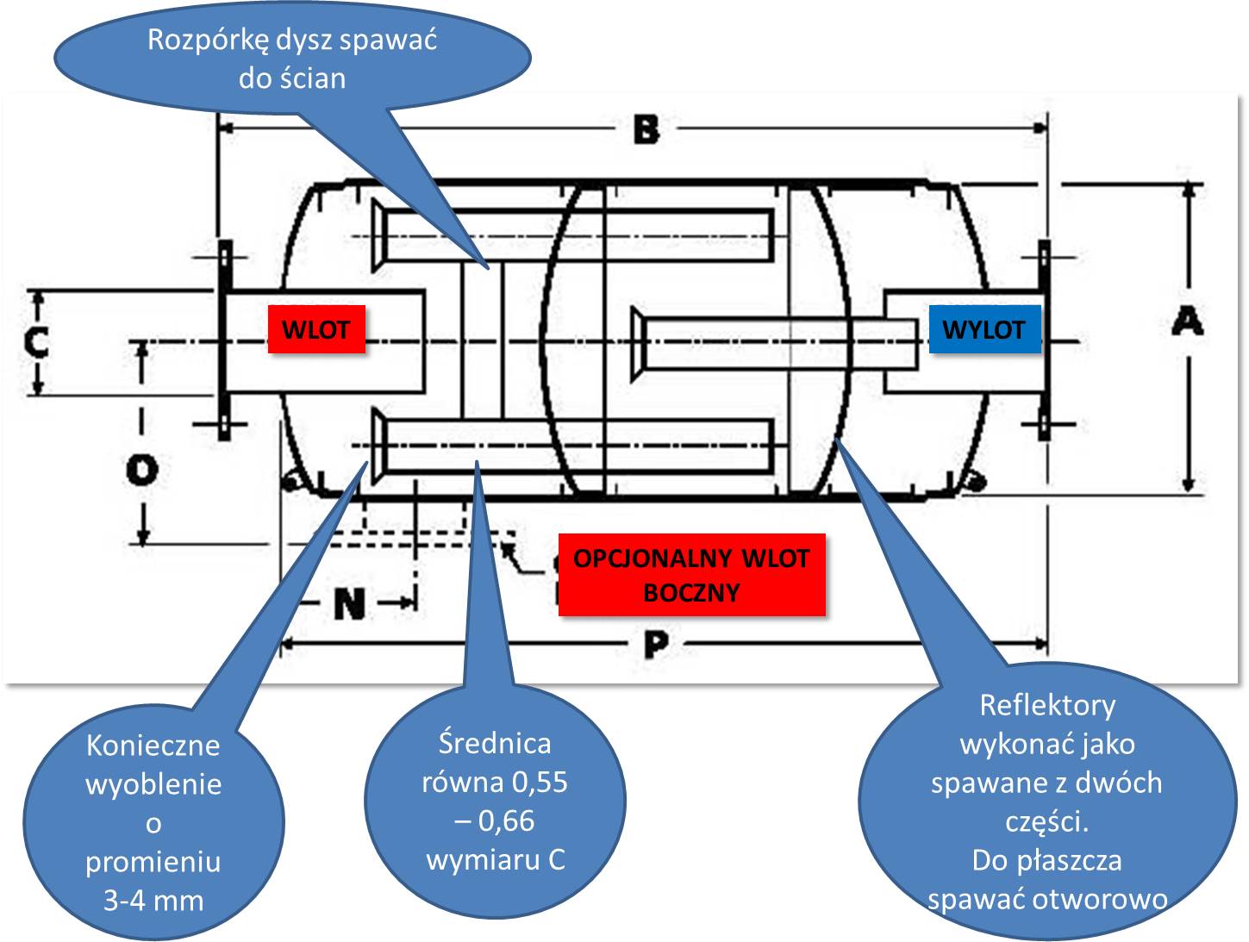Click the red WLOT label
(x=316, y=329)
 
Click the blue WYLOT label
(x=984, y=329)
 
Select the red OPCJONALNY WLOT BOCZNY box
(x=691, y=575)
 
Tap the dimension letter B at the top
(x=646, y=130)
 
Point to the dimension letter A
(x=1187, y=322)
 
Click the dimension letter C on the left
(x=36, y=342)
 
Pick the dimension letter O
(x=142, y=470)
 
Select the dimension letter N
(x=349, y=603)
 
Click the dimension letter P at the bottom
(x=655, y=644)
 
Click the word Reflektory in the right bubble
(x=1047, y=705)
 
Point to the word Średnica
(x=494, y=743)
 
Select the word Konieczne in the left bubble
(x=153, y=745)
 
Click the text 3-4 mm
(x=153, y=901)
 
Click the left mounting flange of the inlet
(x=224, y=341)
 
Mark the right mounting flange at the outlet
(x=1044, y=341)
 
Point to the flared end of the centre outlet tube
(x=638, y=343)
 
